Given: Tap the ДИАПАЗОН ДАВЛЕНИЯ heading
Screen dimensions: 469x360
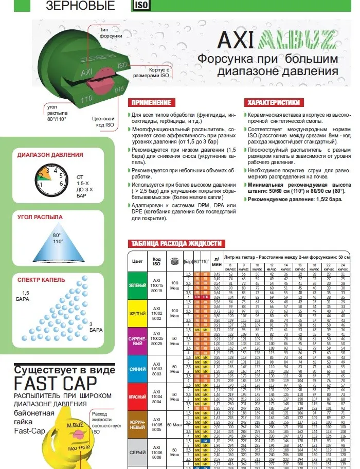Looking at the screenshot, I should (49, 155).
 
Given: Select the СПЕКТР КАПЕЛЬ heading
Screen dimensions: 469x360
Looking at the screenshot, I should (41, 280).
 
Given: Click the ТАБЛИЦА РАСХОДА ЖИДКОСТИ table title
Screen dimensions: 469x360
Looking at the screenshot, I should (176, 243).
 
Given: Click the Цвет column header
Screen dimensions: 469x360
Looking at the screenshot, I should (137, 261).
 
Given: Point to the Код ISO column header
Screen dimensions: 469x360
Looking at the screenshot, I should (157, 261).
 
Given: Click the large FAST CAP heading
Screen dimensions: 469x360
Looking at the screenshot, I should (56, 384).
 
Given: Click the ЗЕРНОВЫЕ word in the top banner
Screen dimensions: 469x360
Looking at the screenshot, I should (81, 6).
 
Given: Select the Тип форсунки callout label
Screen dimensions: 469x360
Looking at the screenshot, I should (111, 33).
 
